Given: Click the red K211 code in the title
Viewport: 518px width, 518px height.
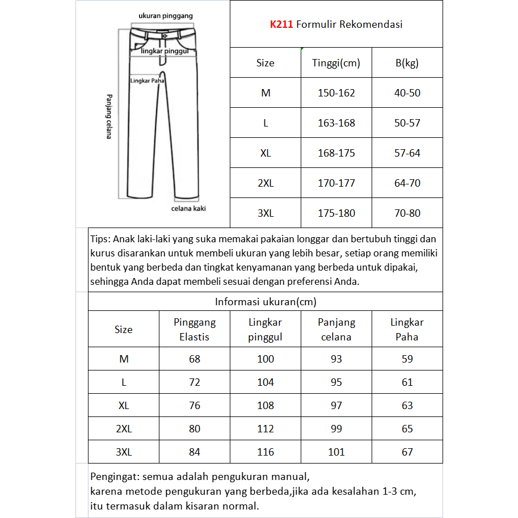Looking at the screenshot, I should click(281, 24).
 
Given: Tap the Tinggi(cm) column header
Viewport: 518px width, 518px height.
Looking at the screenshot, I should click(336, 63).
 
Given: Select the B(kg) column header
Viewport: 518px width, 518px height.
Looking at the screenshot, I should click(407, 63).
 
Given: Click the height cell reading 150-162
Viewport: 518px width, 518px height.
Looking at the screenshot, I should click(336, 93).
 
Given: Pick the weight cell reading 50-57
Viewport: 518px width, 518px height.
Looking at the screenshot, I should click(407, 123).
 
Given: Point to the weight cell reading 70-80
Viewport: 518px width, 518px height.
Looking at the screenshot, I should click(407, 213).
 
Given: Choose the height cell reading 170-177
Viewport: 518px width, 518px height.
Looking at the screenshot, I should click(336, 183).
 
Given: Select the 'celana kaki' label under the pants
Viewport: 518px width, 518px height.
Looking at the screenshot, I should click(188, 208).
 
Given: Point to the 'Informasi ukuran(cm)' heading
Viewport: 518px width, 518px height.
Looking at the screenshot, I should click(265, 302).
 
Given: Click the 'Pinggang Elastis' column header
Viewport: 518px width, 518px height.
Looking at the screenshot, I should click(195, 330).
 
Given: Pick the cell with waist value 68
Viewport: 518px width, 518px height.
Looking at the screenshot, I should click(195, 359).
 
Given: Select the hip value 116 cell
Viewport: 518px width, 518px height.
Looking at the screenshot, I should click(265, 452).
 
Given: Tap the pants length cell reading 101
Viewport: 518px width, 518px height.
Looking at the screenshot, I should click(336, 452).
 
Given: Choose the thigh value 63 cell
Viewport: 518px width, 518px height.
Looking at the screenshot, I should click(407, 406).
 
